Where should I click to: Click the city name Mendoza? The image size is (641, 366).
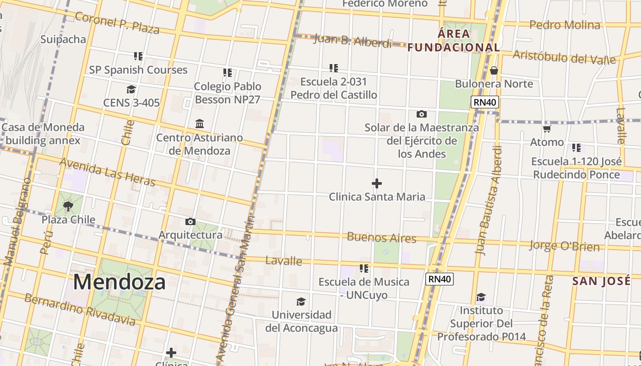click(119, 282)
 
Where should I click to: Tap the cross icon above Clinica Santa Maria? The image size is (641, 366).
click(377, 183)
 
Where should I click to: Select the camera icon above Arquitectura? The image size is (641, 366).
click(190, 222)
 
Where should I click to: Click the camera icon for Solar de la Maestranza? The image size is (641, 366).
click(422, 114)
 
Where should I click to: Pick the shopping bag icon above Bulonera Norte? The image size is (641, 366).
click(494, 70)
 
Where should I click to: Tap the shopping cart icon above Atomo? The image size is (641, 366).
click(547, 129)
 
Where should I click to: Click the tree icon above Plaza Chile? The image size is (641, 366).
click(68, 206)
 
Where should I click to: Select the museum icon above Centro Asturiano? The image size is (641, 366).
click(200, 124)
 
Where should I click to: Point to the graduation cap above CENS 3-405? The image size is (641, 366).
click(131, 89)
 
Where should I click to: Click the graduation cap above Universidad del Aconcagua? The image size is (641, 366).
click(301, 301)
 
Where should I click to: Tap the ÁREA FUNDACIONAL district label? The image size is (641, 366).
click(453, 40)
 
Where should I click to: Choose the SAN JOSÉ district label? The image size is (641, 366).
click(601, 281)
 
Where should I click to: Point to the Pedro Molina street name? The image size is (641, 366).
click(565, 25)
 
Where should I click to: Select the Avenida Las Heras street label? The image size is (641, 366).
click(107, 172)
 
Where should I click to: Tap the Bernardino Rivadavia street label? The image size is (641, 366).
click(80, 310)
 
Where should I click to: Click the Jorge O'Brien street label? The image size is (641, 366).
click(564, 246)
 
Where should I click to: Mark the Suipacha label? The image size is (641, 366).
click(63, 39)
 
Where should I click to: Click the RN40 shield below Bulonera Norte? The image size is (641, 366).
click(485, 102)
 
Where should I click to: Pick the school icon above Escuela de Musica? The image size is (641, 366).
click(364, 269)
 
